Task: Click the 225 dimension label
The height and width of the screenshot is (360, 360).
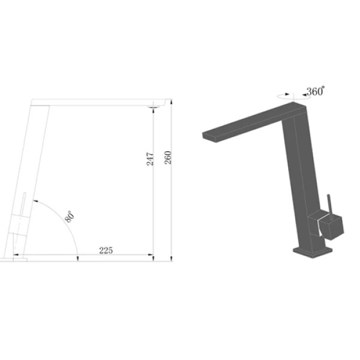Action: coord(106,250)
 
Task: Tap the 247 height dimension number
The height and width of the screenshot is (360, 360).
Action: coord(150,158)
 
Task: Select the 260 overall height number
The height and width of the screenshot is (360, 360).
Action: coord(168,157)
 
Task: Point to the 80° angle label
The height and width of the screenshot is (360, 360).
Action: coord(70,217)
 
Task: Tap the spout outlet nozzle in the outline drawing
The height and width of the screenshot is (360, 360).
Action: coord(153,107)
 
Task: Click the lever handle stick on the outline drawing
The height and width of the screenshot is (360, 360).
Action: coord(23,204)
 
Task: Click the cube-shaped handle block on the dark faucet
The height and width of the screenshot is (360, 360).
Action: coord(332,228)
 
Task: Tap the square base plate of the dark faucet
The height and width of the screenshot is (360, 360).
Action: coord(313,253)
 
